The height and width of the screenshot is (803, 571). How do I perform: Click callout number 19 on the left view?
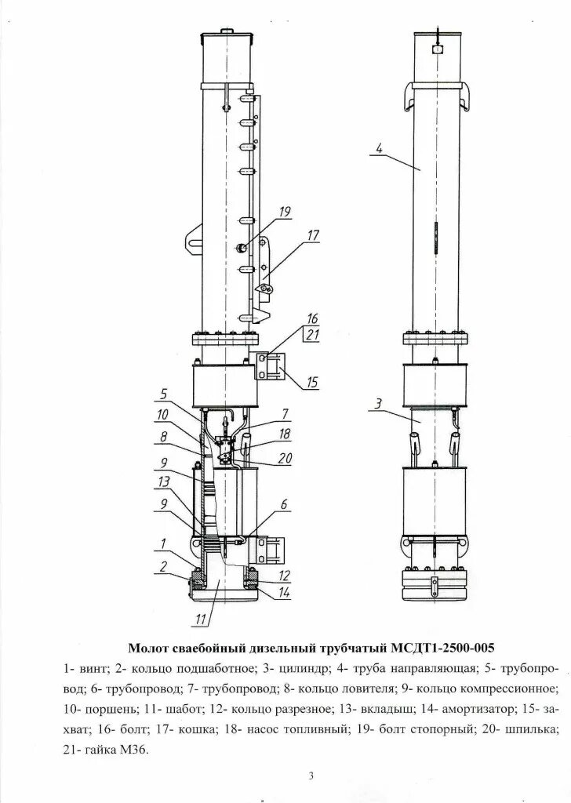[x=284, y=211]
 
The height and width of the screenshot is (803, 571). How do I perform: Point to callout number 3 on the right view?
[x=378, y=404]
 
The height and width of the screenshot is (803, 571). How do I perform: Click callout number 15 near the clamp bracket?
[x=312, y=382]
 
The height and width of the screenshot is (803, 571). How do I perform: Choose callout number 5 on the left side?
[x=165, y=394]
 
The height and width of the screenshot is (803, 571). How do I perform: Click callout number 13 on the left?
[x=163, y=481]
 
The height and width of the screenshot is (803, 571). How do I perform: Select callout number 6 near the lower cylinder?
[x=284, y=504]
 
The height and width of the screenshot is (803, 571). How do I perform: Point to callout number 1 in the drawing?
[x=163, y=543]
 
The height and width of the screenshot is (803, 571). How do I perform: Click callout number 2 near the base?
[x=163, y=565]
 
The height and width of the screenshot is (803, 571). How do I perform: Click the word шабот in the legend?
[x=161, y=709]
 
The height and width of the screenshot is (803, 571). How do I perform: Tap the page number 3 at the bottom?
[x=311, y=776]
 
